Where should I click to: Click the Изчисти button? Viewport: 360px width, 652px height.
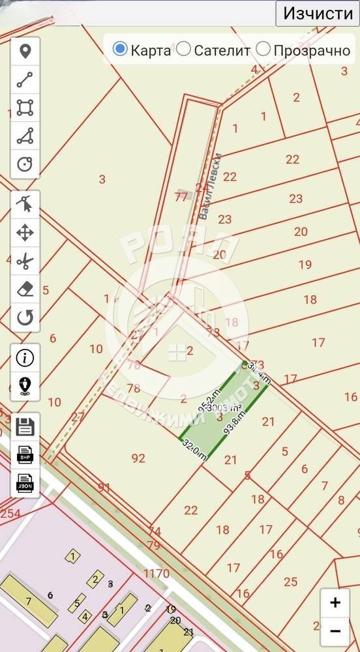point(318,13)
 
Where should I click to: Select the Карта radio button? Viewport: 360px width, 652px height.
point(121,49)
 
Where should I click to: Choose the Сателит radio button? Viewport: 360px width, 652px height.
point(184,49)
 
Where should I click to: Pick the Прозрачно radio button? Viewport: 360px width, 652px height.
point(263,49)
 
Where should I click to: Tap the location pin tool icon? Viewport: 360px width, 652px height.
point(25,52)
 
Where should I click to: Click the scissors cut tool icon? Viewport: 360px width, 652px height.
point(25,262)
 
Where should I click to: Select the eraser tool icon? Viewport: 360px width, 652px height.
point(25,290)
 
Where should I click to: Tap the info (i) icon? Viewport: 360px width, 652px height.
point(25,357)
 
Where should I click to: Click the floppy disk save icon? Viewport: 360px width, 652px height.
point(25,427)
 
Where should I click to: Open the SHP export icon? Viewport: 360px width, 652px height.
point(25,454)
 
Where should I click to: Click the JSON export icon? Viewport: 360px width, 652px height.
point(25,483)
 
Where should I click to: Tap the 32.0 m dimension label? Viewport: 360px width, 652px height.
point(194,450)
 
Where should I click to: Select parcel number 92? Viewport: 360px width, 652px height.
point(138,458)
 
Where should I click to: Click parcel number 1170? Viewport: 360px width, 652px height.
point(157,574)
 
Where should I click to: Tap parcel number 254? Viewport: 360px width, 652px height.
point(10,514)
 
